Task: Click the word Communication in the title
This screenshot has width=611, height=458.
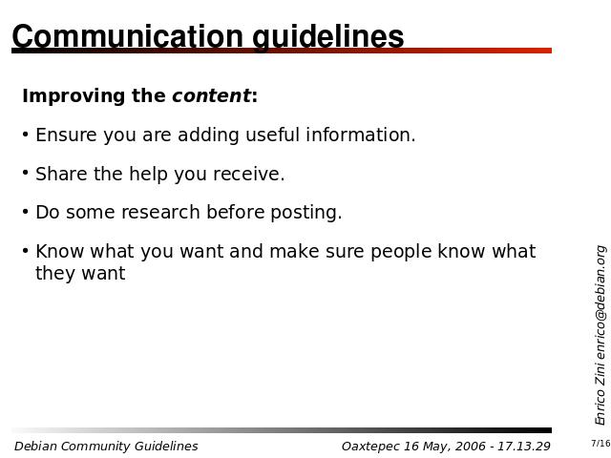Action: point(128,36)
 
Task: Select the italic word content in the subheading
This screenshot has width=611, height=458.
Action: point(211,95)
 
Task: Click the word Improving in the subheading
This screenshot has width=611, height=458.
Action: point(74,96)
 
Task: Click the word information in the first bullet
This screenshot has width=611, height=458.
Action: point(361,135)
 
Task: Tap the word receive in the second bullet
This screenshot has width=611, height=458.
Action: point(248,174)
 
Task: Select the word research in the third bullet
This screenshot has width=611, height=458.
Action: point(160,213)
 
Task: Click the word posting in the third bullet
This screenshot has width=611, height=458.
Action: point(305,213)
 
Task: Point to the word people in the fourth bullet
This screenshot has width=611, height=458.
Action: point(401,252)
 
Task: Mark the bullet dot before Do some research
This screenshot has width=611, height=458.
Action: point(26,212)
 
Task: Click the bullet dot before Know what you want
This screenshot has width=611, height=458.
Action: point(26,250)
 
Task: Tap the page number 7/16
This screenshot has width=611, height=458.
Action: point(600,443)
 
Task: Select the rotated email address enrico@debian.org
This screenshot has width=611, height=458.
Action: point(600,302)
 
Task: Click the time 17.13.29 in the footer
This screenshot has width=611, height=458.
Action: point(523,447)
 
